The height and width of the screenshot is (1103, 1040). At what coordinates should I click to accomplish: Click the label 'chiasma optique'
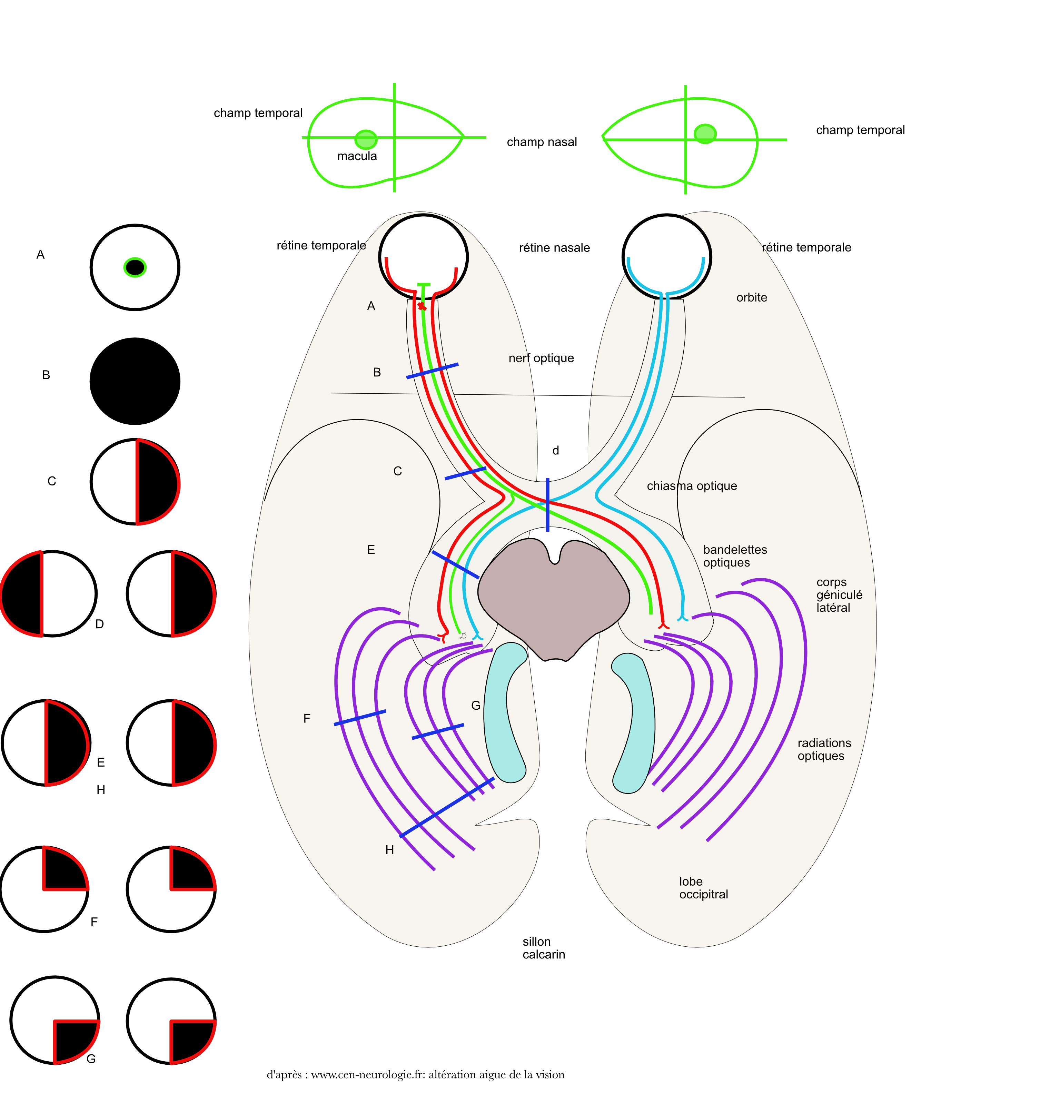coord(692,486)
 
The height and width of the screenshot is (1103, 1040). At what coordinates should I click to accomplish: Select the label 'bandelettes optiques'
coord(735,556)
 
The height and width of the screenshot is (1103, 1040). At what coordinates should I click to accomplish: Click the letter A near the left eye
coord(371,306)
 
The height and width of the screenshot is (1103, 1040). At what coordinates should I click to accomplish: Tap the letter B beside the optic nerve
coord(377,372)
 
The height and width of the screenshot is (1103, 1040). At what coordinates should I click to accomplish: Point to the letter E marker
coord(371,550)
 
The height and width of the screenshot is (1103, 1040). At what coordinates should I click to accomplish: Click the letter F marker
coord(307,719)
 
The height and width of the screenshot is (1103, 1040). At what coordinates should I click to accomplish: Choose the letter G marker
coord(475,706)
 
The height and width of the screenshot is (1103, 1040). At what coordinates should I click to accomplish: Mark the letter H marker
coord(389,850)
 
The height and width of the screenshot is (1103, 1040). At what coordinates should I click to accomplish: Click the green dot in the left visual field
coord(366,140)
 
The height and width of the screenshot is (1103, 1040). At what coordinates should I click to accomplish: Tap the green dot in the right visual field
coord(705,134)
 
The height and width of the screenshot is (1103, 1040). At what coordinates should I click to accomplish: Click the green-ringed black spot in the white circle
coord(135,267)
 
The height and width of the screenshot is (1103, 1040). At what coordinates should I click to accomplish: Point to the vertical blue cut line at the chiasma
coord(547,505)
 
